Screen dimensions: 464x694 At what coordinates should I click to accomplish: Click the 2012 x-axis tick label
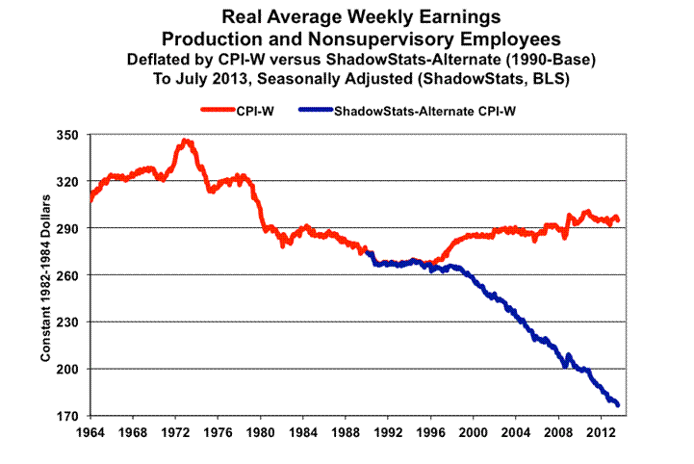click(x=602, y=432)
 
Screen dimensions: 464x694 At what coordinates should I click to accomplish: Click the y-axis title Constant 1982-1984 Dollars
click(x=45, y=275)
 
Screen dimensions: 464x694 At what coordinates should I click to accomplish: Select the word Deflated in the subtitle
click(x=160, y=59)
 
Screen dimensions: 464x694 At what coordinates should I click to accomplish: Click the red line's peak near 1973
click(x=186, y=142)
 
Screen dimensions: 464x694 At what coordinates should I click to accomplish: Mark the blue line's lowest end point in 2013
click(x=617, y=404)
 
